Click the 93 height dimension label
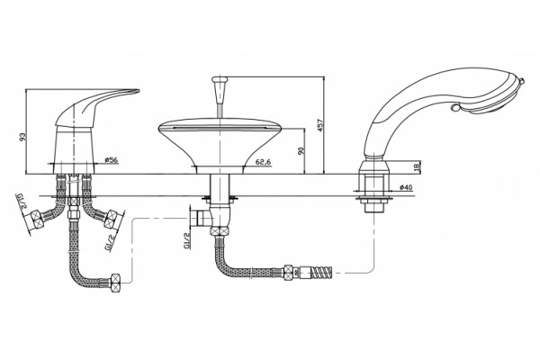[22, 137]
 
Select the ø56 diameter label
[112, 160]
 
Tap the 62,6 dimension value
[264, 161]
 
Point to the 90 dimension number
[301, 150]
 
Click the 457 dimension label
[319, 125]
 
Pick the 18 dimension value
[417, 166]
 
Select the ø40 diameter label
[406, 187]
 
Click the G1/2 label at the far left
[22, 202]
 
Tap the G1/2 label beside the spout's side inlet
[187, 240]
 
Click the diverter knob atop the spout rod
[220, 81]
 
